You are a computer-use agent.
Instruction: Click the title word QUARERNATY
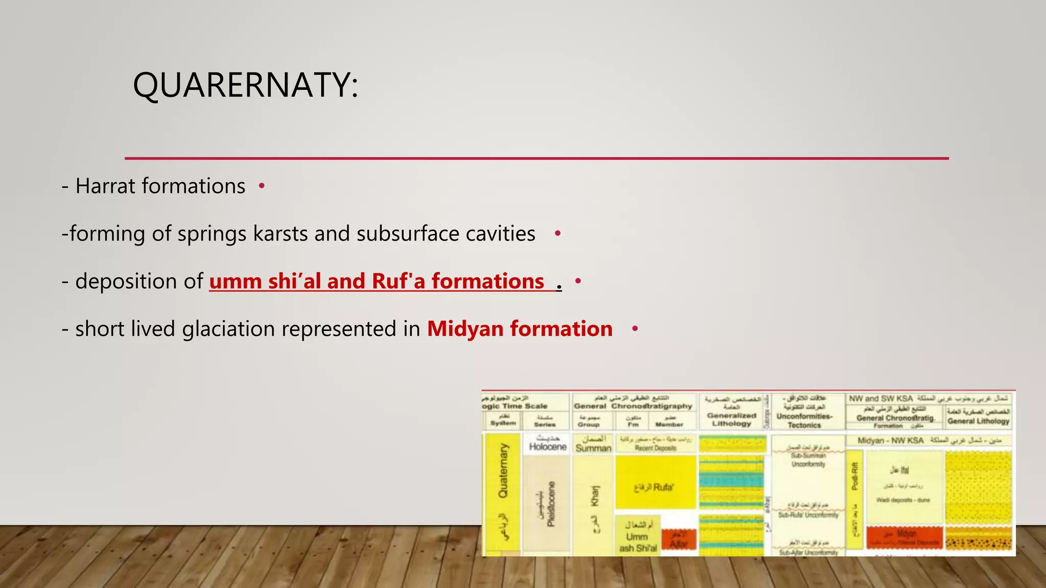pos(245,85)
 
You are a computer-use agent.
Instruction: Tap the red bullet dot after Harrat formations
pos(261,186)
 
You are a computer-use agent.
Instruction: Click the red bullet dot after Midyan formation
pos(635,329)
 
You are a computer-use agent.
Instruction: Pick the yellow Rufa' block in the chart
pos(655,482)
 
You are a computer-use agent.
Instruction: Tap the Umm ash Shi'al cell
pos(637,537)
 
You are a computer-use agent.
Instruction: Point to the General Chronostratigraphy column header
pos(633,406)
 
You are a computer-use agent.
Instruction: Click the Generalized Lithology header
pos(731,419)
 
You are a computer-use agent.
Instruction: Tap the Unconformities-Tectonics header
pos(804,420)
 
